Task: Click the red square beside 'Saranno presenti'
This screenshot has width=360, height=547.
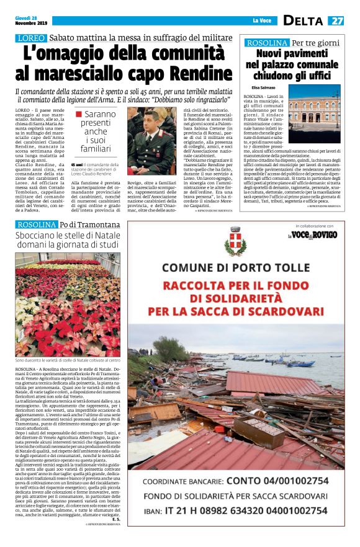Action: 78,114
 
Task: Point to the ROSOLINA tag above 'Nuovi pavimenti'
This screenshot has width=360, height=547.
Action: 268,43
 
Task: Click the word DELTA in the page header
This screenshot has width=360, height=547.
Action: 305,20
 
